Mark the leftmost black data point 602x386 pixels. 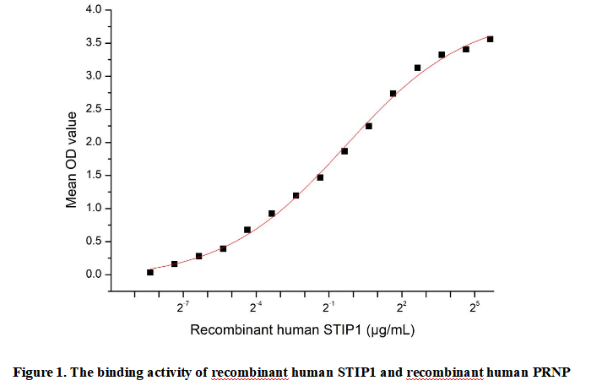150,272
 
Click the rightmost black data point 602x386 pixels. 491,39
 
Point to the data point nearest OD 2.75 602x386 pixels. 393,94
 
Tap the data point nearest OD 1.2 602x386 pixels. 296,195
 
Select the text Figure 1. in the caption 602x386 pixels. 38,372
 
